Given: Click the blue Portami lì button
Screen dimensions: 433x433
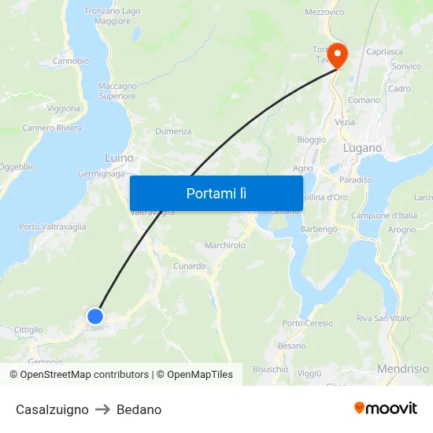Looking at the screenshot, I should (216, 193).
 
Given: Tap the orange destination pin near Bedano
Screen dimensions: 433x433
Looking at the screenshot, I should (338, 54).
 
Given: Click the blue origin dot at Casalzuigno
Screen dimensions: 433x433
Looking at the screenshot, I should (95, 316).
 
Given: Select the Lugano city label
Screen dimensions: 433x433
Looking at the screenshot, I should (362, 148).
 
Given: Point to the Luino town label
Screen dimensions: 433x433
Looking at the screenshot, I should (119, 157).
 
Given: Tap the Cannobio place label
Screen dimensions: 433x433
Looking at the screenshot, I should (70, 61).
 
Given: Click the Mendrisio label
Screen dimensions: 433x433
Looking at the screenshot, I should (403, 368).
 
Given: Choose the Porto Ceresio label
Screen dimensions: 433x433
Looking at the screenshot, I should (307, 324).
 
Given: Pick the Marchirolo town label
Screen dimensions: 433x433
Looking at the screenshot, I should (225, 246).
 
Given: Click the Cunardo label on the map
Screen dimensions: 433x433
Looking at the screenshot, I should (190, 266).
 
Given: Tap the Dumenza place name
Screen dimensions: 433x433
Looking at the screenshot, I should (173, 131).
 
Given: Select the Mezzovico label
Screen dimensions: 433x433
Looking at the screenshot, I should (324, 13).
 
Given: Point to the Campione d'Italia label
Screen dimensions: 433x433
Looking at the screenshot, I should (384, 216).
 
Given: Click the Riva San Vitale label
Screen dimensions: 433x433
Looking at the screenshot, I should (383, 318).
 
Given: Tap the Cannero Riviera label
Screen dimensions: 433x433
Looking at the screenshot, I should (52, 128).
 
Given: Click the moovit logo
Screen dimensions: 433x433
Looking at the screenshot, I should (385, 409).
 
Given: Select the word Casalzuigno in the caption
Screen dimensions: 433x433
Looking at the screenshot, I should (52, 409).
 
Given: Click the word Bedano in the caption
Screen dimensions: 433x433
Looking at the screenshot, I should (139, 409).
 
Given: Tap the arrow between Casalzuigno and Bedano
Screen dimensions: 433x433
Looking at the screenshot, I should (102, 409).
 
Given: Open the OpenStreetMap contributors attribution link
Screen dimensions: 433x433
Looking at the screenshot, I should (84, 375).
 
